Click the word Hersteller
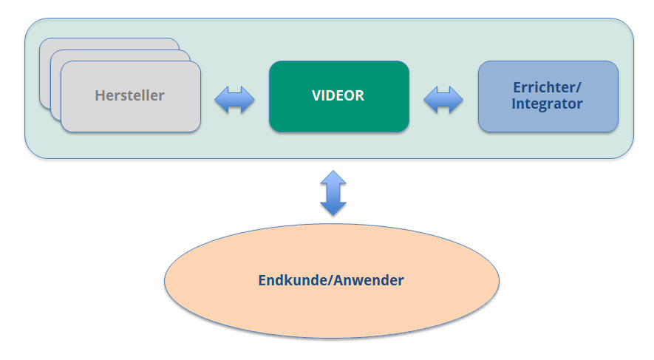[x=130, y=95]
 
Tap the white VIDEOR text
[x=338, y=95]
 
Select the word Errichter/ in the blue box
[x=547, y=87]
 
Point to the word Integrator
[x=547, y=104]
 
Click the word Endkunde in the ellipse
[x=293, y=280]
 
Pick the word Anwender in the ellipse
[x=369, y=280]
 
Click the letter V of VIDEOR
[x=316, y=95]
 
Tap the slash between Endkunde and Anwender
[x=331, y=280]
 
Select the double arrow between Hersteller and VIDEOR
[x=234, y=100]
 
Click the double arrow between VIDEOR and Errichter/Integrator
[x=443, y=100]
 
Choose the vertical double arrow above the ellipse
[x=333, y=193]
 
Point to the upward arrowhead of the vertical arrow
[x=333, y=177]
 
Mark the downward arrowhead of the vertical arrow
[x=333, y=208]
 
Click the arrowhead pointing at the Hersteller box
[x=221, y=100]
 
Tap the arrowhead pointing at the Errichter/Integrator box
[x=456, y=100]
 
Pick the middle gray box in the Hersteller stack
[x=56, y=84]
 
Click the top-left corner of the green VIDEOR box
[x=270, y=61]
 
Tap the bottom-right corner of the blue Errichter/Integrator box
[x=618, y=132]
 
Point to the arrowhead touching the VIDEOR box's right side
[x=430, y=100]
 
